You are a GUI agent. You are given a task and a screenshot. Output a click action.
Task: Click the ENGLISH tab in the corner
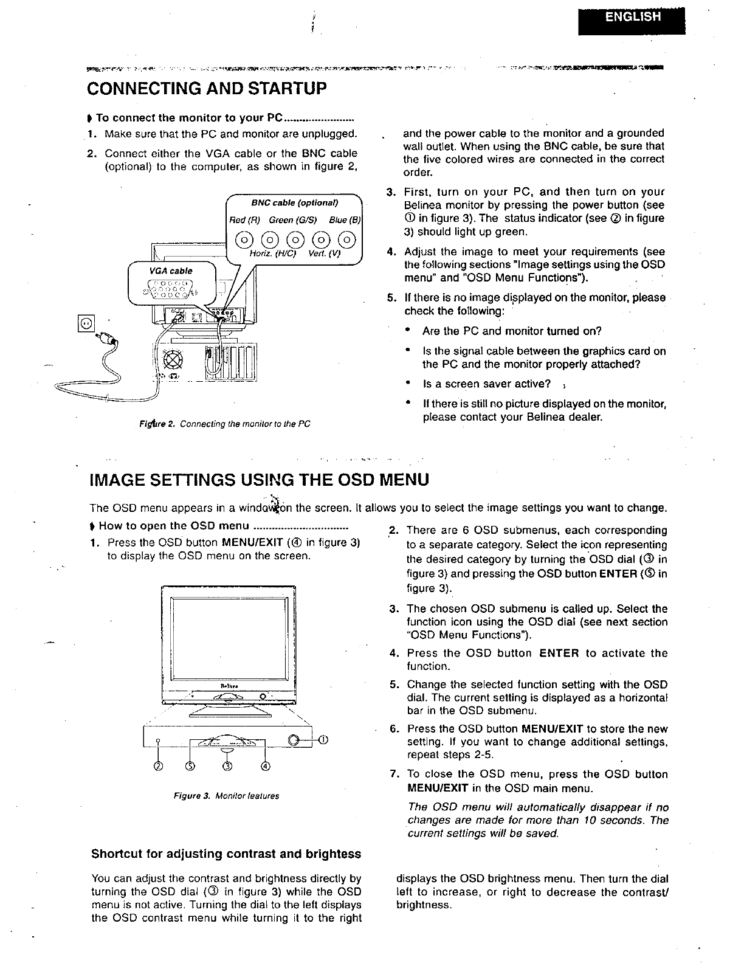[632, 17]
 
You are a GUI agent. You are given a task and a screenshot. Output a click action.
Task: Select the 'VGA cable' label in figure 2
[172, 271]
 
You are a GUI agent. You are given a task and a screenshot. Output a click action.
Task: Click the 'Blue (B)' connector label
[345, 219]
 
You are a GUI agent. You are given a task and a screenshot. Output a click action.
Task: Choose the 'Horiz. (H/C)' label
[272, 255]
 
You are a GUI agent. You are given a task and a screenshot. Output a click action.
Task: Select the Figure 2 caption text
[224, 424]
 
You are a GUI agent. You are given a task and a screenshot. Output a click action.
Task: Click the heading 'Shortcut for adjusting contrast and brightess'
[226, 854]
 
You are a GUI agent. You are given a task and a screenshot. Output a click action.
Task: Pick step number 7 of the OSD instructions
[394, 775]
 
